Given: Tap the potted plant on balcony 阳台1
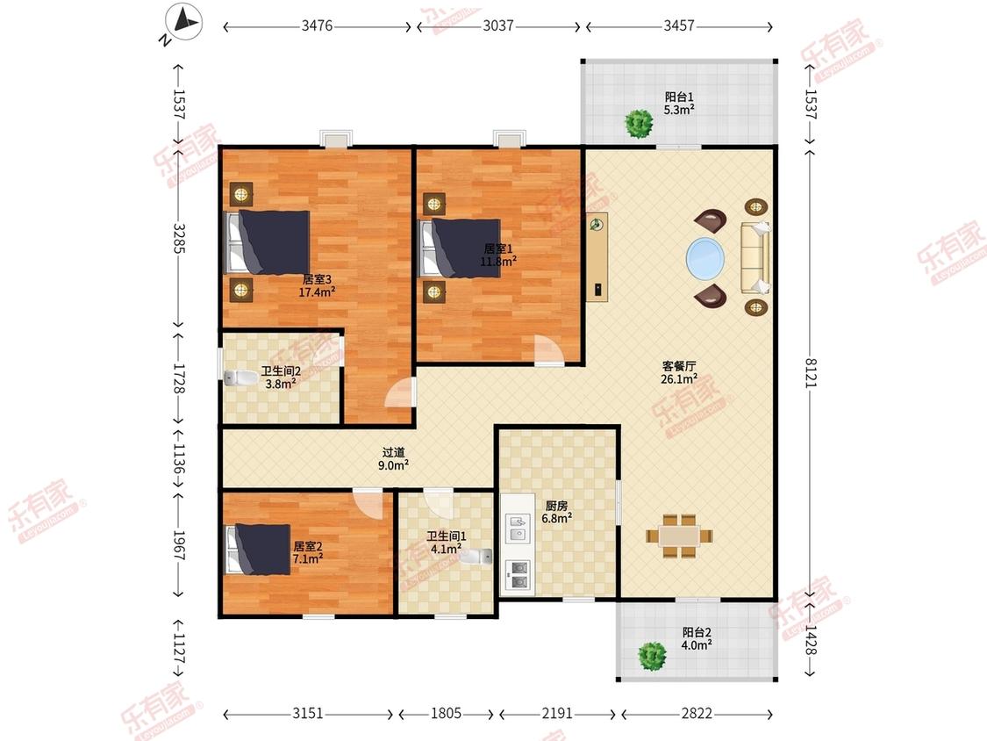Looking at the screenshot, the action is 639,124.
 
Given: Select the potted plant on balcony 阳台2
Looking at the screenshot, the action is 652,656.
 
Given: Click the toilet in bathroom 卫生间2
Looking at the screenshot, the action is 240,378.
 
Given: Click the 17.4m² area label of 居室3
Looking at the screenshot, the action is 317,291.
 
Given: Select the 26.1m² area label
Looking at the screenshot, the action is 678,378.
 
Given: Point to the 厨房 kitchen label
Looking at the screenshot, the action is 556,506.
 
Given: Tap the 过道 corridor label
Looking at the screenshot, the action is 393,452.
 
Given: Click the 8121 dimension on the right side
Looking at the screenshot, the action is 810,372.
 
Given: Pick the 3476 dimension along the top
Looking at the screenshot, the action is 317,25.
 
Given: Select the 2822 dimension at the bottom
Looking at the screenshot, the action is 697,713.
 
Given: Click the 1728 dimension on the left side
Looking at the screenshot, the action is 179,378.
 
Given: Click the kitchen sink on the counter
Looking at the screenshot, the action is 518,528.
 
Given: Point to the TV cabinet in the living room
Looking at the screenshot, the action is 597,257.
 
